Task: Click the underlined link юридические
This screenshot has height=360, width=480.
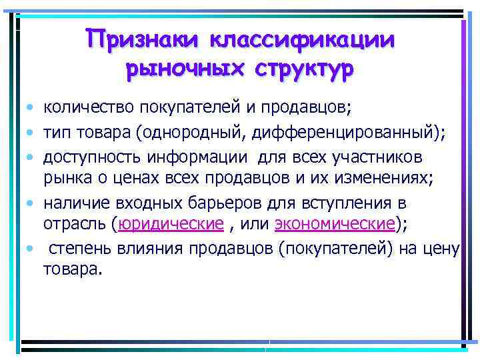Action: pos(170,225)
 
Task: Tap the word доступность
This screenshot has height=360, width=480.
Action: pos(86,156)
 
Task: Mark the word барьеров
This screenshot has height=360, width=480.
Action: pos(222,203)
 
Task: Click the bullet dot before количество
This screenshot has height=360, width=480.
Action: pos(31,107)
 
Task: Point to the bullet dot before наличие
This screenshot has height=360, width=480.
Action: pos(31,203)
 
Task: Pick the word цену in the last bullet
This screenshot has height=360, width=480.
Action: pos(442,249)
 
